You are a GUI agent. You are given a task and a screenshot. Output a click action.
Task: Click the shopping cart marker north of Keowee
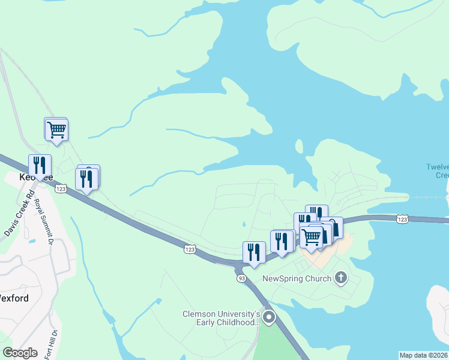pyautogui.click(x=56, y=129)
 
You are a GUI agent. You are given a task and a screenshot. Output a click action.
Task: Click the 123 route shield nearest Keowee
pyautogui.click(x=61, y=188)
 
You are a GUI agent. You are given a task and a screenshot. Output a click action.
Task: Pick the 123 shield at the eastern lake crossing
pyautogui.click(x=403, y=220)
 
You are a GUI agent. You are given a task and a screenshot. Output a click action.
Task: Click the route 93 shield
pyautogui.click(x=241, y=278)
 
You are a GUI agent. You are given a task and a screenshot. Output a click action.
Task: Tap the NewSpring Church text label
pyautogui.click(x=297, y=278)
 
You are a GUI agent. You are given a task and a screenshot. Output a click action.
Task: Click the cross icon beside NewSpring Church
pyautogui.click(x=341, y=277)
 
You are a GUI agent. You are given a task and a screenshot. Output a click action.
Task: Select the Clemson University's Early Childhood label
pyautogui.click(x=221, y=317)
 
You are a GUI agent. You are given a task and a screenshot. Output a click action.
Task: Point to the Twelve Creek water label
pyautogui.click(x=437, y=171)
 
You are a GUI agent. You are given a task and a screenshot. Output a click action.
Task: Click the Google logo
pyautogui.click(x=20, y=353)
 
